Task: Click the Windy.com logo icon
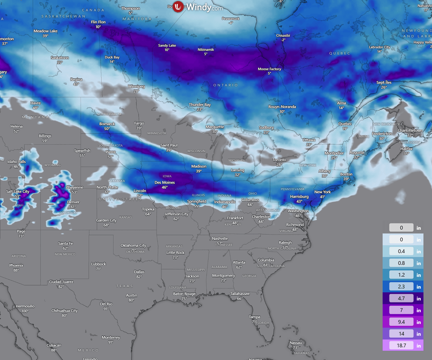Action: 178,7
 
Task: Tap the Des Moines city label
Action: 165,183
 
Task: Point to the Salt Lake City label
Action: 18,192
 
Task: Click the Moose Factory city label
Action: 269,69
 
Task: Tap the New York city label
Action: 322,192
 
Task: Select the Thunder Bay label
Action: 200,105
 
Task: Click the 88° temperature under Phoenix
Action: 16,270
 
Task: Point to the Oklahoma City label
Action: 133,246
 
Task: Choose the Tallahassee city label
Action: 240,294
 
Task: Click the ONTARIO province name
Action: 226,85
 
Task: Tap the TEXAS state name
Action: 124,286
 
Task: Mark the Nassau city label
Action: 296,343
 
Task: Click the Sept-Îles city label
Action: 384,82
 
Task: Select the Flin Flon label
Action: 98,22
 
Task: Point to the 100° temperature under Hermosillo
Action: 25,311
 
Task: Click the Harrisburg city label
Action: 299,197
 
